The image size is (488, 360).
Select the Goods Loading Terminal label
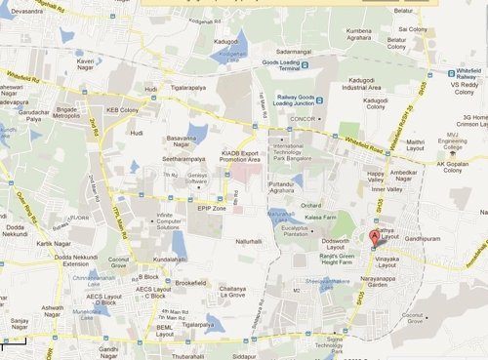point(278,65)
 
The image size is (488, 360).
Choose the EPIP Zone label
point(211,209)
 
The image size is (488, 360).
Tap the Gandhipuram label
point(426,238)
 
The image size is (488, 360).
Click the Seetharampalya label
point(183,161)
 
